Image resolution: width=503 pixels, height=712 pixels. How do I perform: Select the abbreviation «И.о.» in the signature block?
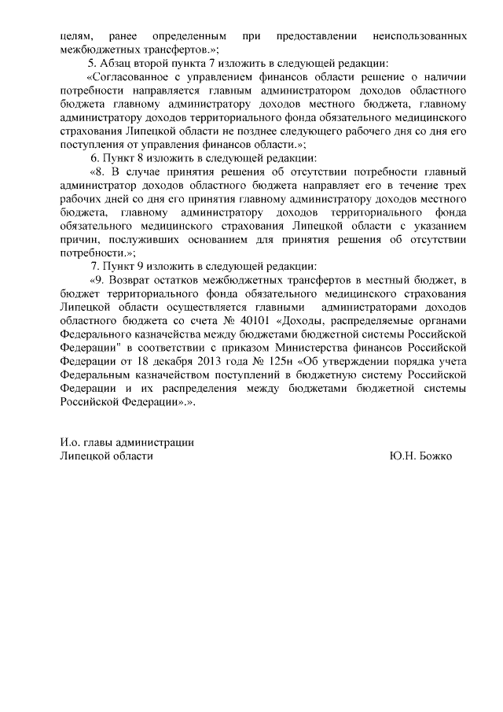(72, 442)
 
